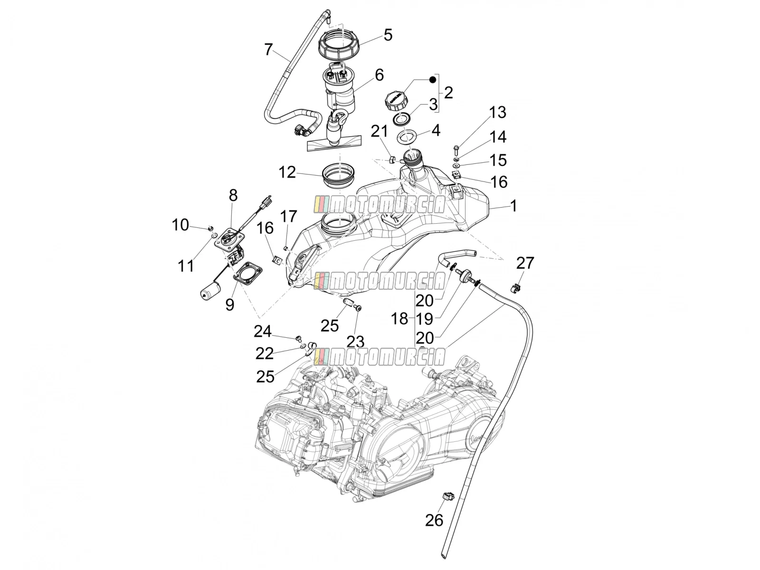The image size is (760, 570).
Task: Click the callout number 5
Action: [x=388, y=35]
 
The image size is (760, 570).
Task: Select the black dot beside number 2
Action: [x=432, y=80]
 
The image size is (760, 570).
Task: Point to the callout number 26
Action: [x=434, y=520]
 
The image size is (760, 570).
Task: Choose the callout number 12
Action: [x=287, y=172]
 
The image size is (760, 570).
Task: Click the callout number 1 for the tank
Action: [x=514, y=206]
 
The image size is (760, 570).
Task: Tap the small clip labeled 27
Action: [x=515, y=287]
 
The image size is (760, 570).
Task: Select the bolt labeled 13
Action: [x=456, y=151]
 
